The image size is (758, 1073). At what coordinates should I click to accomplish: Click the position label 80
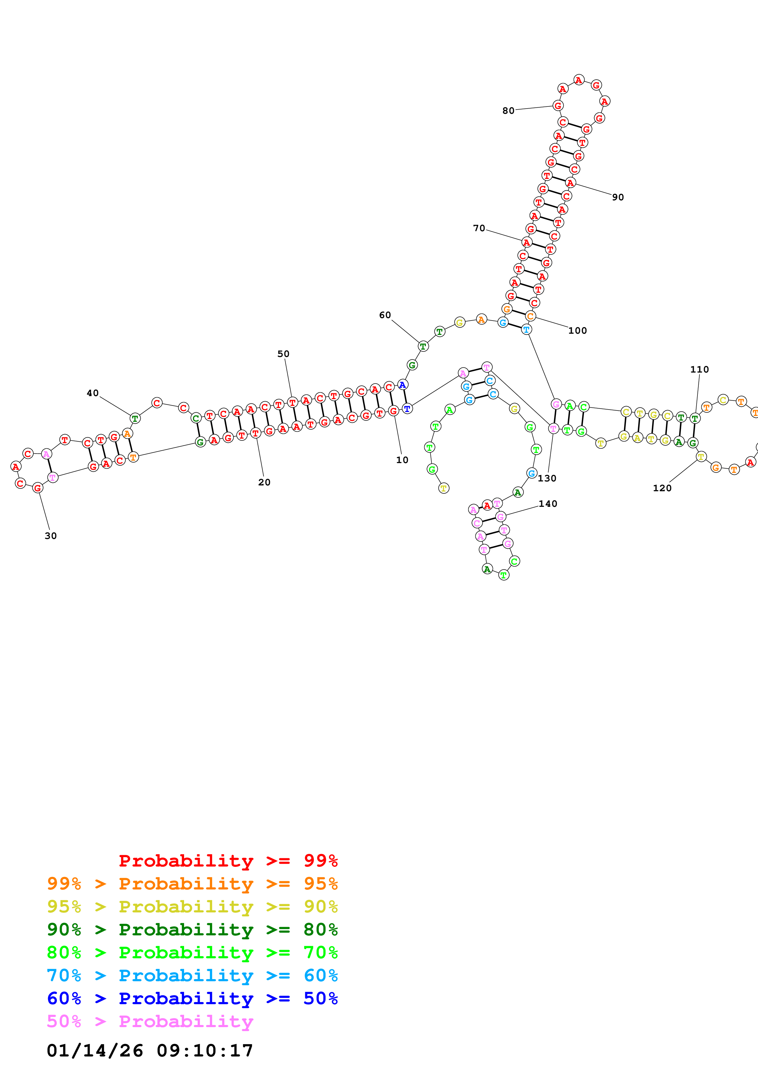pyautogui.click(x=508, y=111)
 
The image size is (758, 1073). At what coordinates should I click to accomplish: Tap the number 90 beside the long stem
pyautogui.click(x=618, y=197)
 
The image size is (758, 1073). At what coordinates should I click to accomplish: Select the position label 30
pyautogui.click(x=50, y=536)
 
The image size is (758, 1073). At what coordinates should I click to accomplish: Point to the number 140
pyautogui.click(x=548, y=504)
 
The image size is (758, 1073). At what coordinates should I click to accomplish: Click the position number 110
pyautogui.click(x=699, y=370)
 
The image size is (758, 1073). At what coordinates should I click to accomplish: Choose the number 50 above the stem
pyautogui.click(x=283, y=354)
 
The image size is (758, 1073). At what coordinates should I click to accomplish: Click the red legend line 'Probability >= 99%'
pyautogui.click(x=228, y=861)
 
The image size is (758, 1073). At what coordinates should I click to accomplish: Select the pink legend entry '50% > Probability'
pyautogui.click(x=150, y=1022)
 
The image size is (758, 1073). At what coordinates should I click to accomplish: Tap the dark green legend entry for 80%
pyautogui.click(x=192, y=930)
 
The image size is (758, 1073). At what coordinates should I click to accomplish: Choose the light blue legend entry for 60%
pyautogui.click(x=192, y=976)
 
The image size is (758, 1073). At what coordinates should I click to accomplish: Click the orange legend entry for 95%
pyautogui.click(x=192, y=884)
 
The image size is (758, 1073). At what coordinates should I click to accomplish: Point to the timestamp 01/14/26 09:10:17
pyautogui.click(x=150, y=1051)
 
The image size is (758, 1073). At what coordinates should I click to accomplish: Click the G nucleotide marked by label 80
pyautogui.click(x=558, y=106)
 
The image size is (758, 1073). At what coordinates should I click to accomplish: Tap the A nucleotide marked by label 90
pyautogui.click(x=570, y=182)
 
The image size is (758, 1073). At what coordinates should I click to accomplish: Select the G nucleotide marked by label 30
pyautogui.click(x=37, y=488)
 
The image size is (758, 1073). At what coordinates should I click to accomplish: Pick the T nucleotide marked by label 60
pyautogui.click(x=423, y=346)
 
